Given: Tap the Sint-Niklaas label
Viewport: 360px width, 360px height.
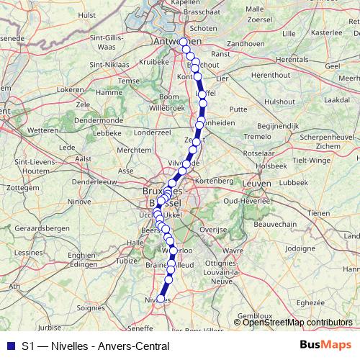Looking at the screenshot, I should tap(105, 65).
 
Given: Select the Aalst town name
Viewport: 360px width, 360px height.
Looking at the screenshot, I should tap(84, 157).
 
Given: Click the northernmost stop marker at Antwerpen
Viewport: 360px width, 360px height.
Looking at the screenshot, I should tap(184, 42).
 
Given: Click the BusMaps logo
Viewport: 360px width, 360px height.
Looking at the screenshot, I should tap(325, 346).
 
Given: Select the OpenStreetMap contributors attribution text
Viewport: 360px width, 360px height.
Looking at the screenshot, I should tap(298, 323).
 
